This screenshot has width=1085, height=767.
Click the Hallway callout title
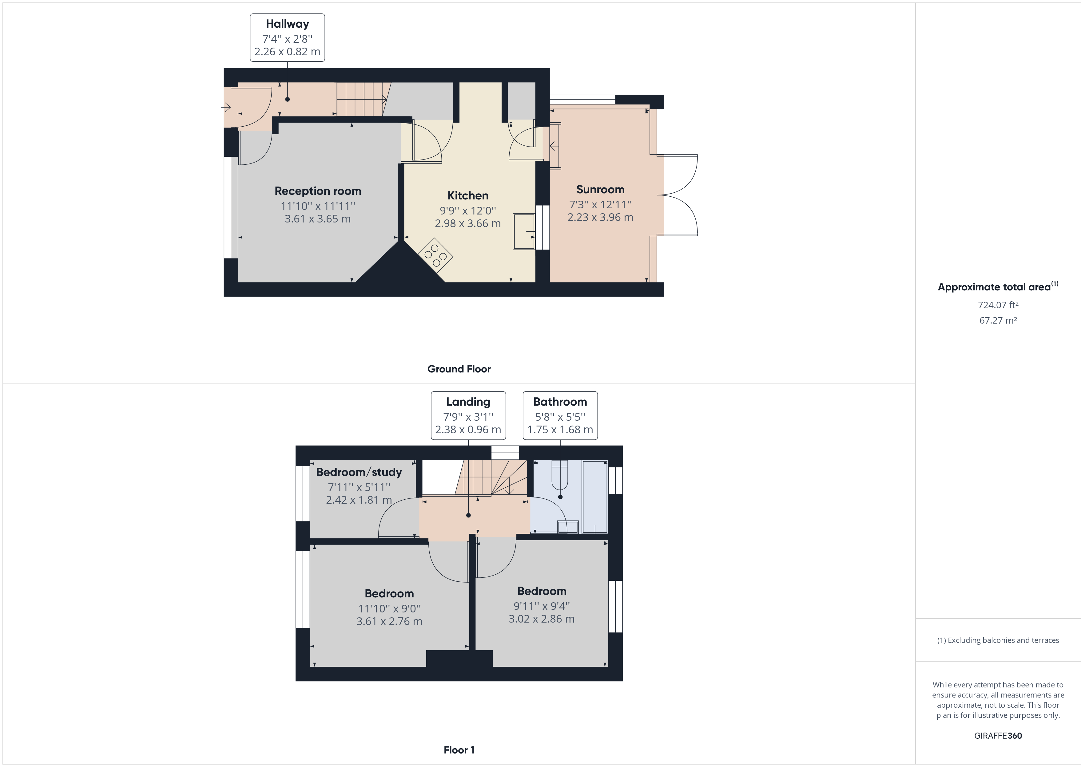point(287,24)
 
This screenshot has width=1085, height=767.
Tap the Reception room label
point(318,191)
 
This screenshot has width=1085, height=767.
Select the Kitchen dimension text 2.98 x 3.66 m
point(467,223)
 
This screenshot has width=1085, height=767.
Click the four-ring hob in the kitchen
point(435,255)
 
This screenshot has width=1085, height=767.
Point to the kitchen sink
point(524,231)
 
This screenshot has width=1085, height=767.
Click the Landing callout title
point(468,402)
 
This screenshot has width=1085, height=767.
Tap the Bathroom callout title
point(560,402)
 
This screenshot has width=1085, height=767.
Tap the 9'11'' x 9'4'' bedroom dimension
point(542,606)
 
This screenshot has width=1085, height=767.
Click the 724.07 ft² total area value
point(998,305)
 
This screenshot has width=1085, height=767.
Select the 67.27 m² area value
point(998,320)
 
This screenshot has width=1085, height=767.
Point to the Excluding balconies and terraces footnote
point(998,640)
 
